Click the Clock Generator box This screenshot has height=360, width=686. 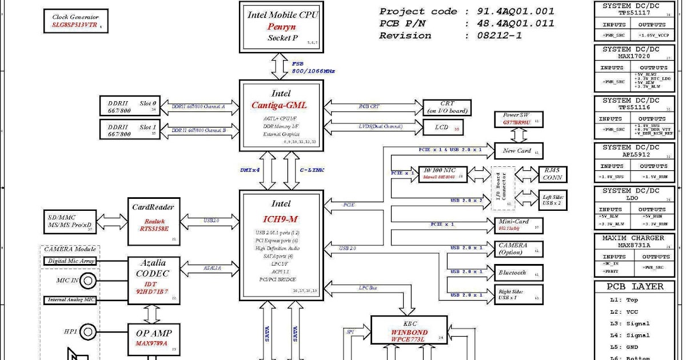75,22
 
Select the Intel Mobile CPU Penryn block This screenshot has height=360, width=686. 282,26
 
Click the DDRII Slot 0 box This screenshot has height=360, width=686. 132,107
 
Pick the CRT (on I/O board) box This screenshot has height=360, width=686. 447,107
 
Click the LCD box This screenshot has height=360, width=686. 442,127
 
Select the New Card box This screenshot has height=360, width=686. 518,151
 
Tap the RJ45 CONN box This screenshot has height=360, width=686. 552,174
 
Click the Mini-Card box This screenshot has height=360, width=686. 518,225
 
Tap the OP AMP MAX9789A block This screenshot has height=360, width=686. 153,338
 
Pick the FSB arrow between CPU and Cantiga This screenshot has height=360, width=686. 281,66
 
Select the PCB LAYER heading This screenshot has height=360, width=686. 635,287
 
